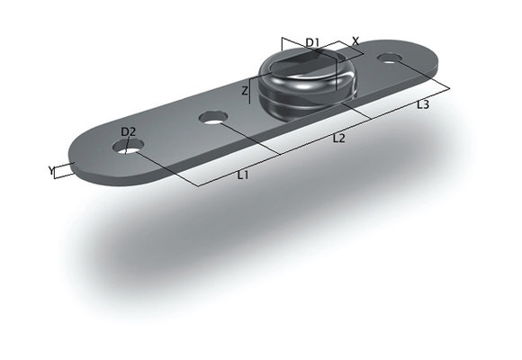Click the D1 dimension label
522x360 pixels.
tap(311, 42)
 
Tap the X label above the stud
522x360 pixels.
tap(355, 40)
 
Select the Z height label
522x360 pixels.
tap(244, 91)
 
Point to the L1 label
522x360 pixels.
tap(242, 175)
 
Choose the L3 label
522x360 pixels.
tap(422, 104)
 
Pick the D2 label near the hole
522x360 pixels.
tap(128, 132)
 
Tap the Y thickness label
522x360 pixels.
tap(50, 168)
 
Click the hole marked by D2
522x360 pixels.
tap(126, 148)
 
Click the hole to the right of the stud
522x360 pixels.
tap(390, 58)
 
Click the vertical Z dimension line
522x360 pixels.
tap(251, 91)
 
